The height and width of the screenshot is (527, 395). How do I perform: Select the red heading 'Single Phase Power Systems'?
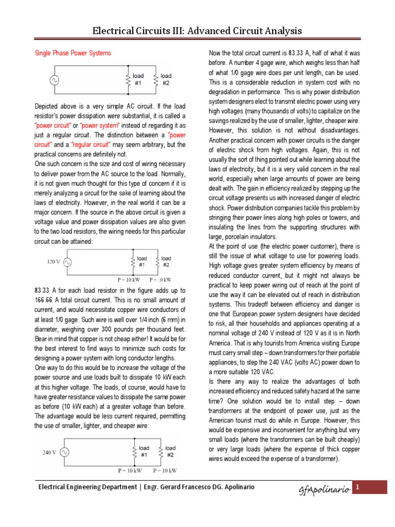pyautogui.click(x=73, y=53)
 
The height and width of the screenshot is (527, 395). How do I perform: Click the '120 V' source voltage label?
pyautogui.click(x=54, y=261)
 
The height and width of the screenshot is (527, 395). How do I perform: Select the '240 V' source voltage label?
pyautogui.click(x=49, y=453)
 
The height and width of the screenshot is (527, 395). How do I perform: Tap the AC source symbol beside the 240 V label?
pyautogui.click(x=65, y=452)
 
